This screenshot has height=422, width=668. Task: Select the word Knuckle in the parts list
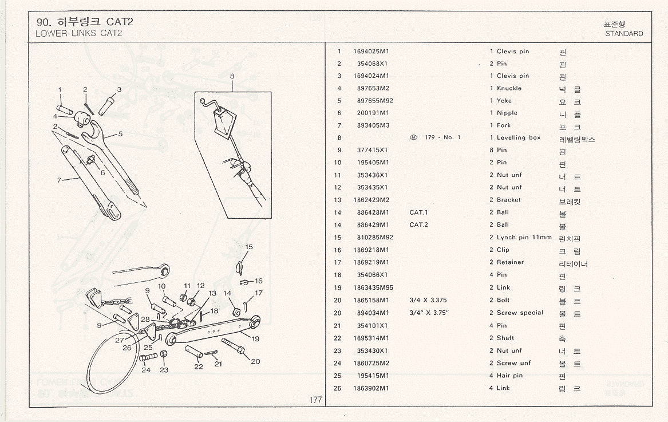point(509,88)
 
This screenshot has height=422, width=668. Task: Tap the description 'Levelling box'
point(519,137)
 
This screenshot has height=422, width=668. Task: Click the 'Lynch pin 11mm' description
point(524,237)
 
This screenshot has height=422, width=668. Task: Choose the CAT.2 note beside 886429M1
point(419,225)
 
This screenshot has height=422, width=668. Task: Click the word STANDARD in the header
point(624,34)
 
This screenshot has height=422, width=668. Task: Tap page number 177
point(315,400)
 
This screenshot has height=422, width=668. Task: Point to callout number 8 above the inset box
point(232,76)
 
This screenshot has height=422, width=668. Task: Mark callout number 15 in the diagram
point(249,247)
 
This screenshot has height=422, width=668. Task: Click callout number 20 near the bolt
point(255,361)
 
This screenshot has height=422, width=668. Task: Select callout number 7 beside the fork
point(59,180)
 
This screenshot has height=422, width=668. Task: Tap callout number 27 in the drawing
point(120,340)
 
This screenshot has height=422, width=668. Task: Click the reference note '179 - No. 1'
point(442,137)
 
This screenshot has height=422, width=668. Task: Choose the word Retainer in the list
point(510,262)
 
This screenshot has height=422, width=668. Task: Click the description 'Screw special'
point(520,313)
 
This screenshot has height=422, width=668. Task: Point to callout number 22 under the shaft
point(199,366)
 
